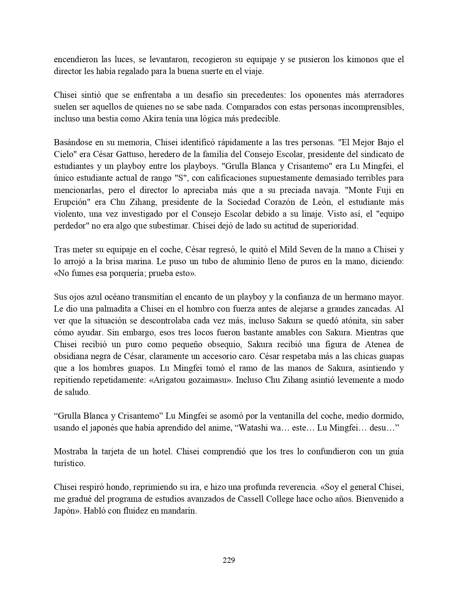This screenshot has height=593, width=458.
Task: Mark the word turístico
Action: (69, 463)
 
